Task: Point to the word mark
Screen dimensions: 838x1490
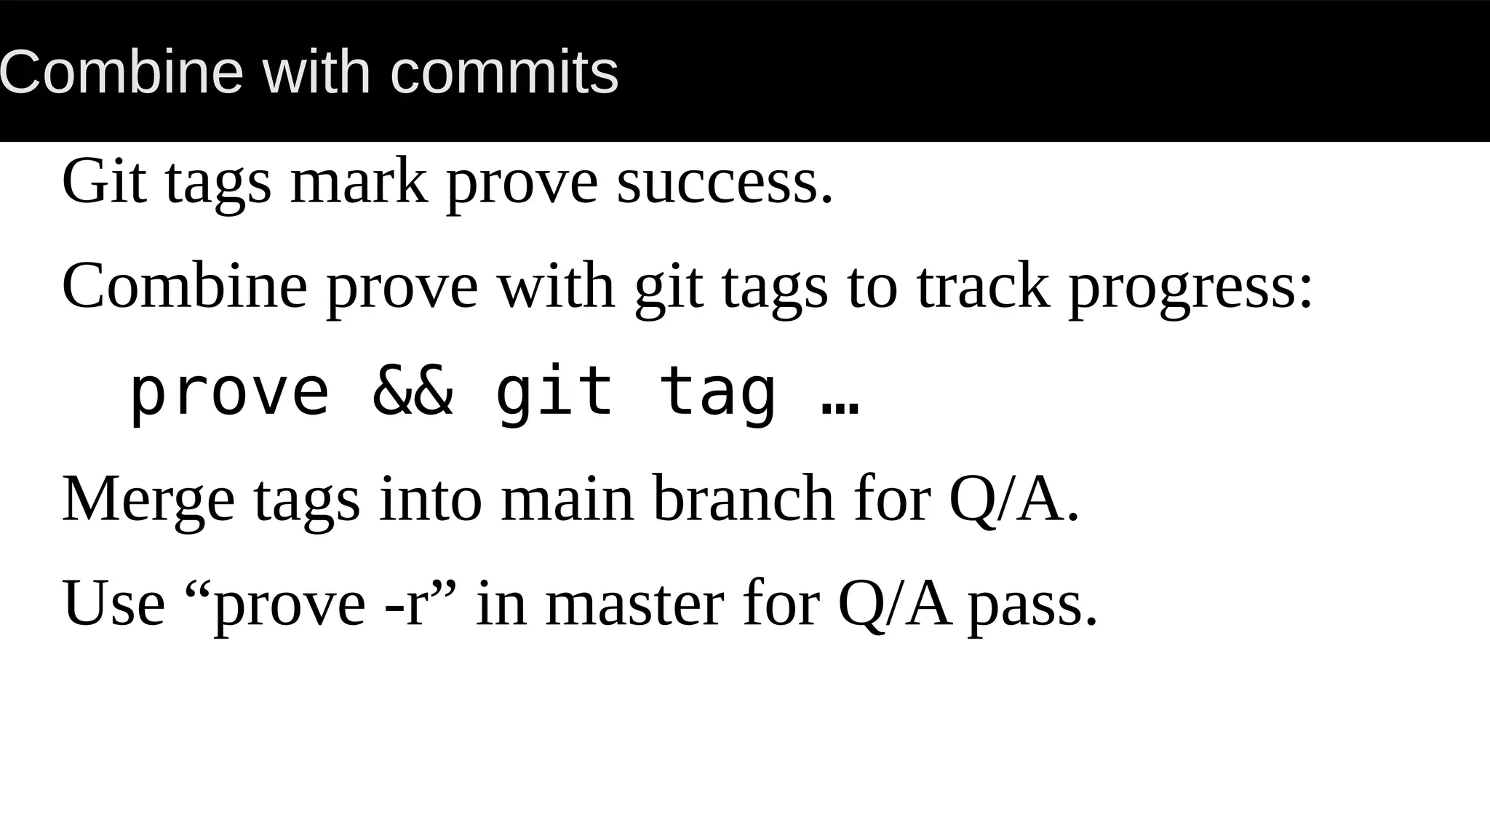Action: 358,181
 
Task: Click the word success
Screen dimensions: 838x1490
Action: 724,181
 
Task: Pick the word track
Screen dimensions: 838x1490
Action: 983,285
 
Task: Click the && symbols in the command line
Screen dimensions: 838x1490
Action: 413,392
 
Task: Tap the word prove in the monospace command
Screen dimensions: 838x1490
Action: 230,394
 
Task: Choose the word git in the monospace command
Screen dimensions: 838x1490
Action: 554,394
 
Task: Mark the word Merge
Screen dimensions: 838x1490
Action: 148,500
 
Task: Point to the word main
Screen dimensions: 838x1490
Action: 567,498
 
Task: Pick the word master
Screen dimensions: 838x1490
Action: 634,603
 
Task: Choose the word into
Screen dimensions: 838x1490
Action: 431,498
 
